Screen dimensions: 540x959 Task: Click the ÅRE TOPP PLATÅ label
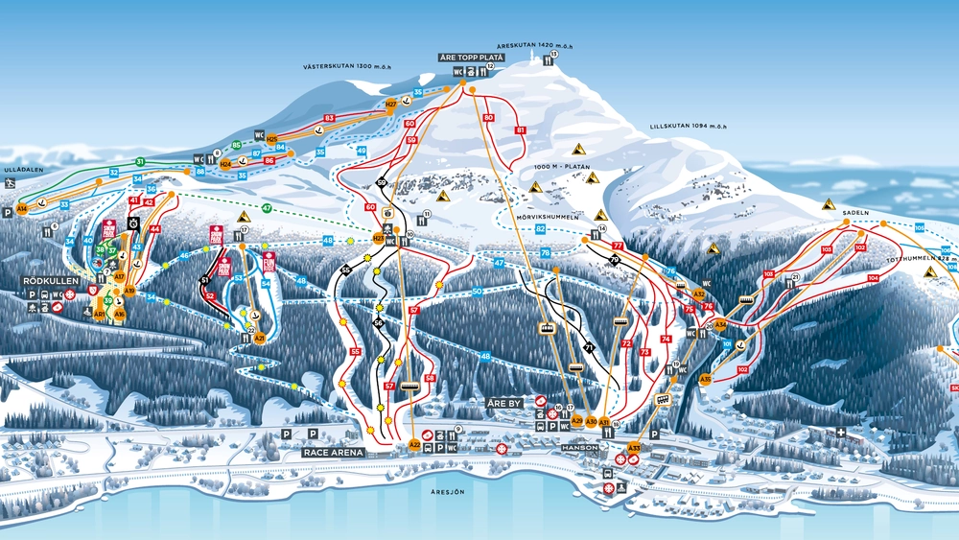coord(472,58)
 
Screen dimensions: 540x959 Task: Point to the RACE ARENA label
coord(331,451)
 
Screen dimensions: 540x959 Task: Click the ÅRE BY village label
coord(504,403)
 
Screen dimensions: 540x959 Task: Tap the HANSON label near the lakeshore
coord(580,447)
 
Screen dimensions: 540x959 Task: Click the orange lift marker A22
coord(414,445)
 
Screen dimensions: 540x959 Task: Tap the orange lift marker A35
coord(706,380)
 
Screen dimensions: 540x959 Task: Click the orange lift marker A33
coord(634,448)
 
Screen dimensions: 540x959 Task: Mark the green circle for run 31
coord(140,162)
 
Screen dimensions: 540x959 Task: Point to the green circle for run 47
coord(267,208)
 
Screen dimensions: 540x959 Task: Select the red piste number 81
coord(521,129)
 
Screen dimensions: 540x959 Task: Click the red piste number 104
coord(872,278)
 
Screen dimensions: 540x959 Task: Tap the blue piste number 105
coord(919,227)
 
